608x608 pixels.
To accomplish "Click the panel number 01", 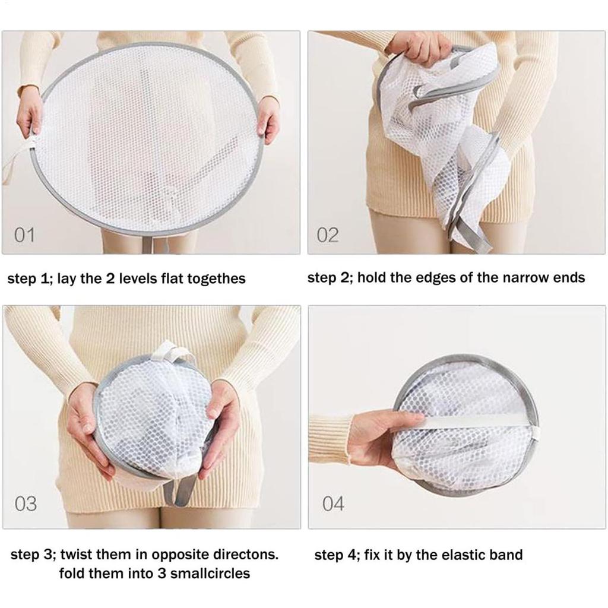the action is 24,235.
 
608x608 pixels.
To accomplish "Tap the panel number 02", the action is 328,235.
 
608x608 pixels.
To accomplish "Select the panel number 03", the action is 26,503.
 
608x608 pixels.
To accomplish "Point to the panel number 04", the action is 333,503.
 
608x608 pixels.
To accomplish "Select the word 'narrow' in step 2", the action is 506,278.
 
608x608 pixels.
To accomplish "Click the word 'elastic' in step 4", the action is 463,555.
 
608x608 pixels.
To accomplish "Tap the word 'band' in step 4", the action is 506,555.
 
